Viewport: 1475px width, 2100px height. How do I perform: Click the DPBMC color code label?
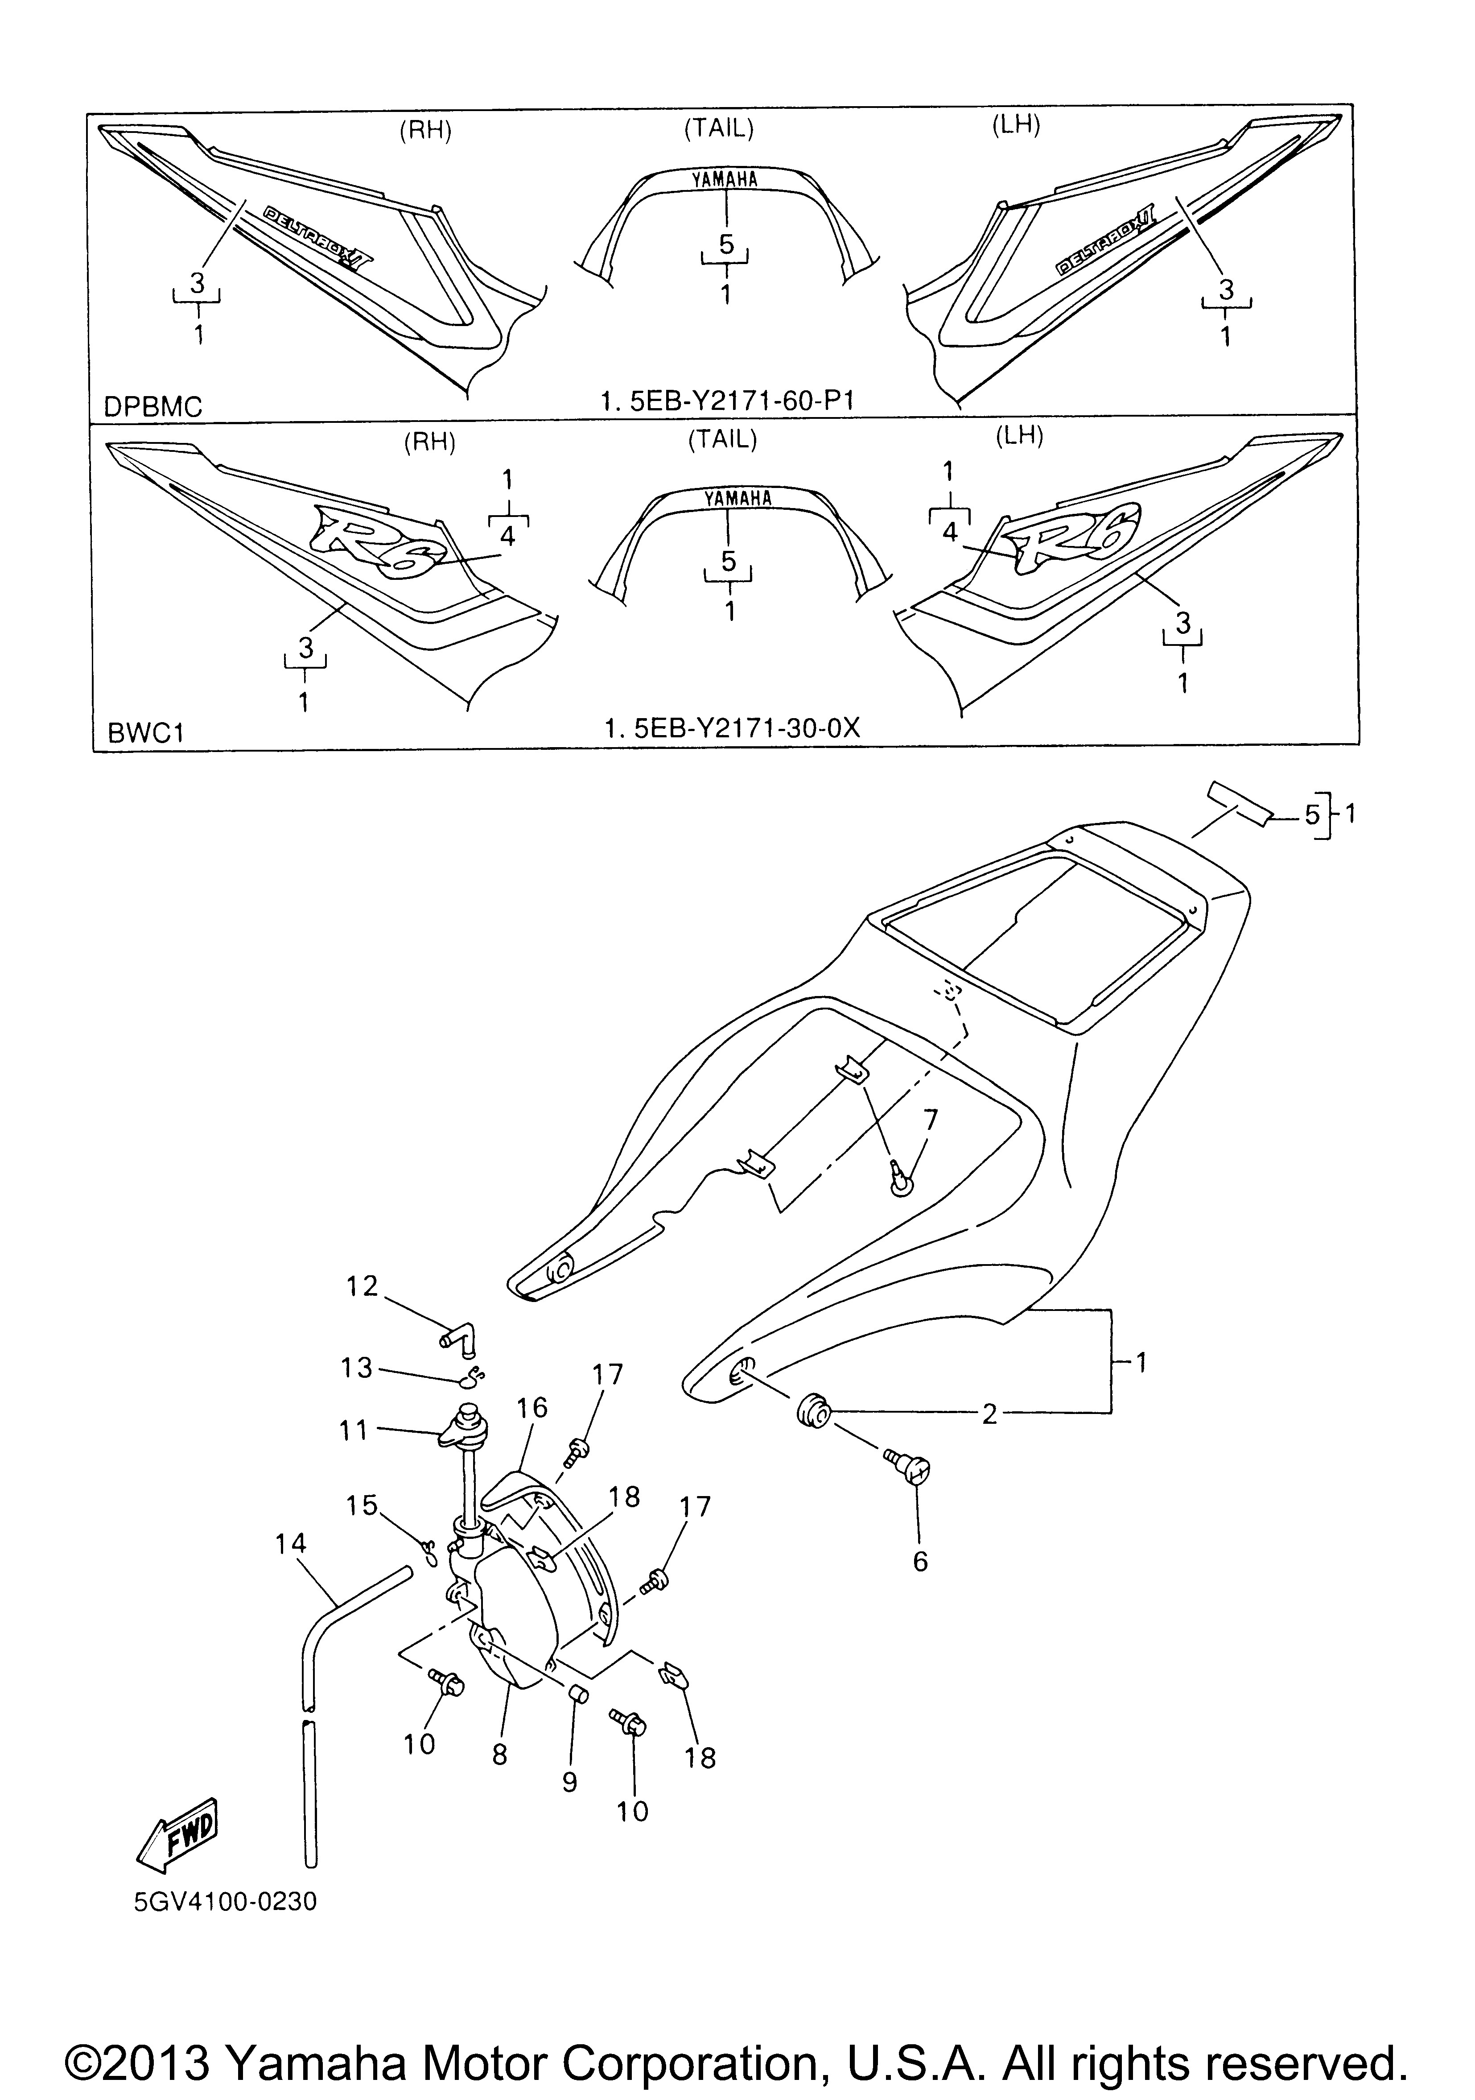click(152, 406)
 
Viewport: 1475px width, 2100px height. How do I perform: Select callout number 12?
click(362, 1287)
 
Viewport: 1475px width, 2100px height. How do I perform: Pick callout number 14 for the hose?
click(291, 1544)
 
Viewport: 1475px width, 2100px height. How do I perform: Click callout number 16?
click(532, 1408)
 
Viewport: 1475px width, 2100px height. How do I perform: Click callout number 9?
click(570, 1782)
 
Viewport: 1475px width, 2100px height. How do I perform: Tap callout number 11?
click(354, 1430)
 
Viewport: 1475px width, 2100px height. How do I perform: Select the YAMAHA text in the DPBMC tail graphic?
click(724, 179)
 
